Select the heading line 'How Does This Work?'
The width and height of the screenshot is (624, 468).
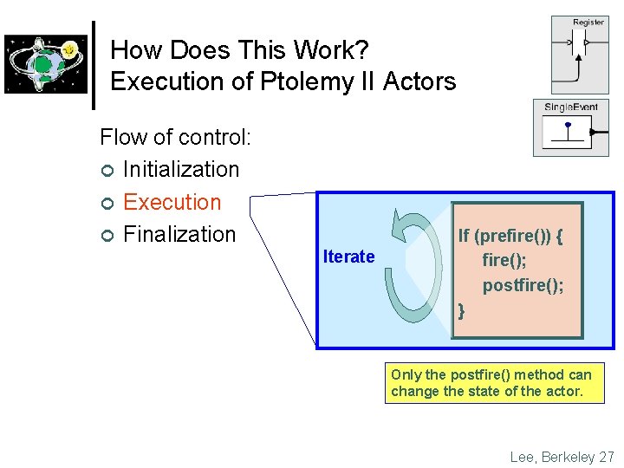pos(233,49)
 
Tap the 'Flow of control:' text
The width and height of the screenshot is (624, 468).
pos(175,137)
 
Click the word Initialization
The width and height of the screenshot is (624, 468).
pos(180,169)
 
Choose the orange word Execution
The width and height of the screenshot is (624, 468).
pos(172,202)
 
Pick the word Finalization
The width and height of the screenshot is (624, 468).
pos(179,234)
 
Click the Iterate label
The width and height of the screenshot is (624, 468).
pos(348,257)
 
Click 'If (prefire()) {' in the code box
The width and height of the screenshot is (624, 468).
pos(510,236)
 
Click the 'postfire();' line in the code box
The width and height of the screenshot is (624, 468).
pos(523,285)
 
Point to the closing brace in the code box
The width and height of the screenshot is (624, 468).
pos(461,309)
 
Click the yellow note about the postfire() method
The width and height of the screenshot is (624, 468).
pos(494,383)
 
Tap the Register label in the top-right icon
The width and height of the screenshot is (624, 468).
pos(588,23)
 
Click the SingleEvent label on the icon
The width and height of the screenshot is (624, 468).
pos(570,107)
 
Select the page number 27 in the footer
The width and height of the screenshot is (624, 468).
pos(607,456)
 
